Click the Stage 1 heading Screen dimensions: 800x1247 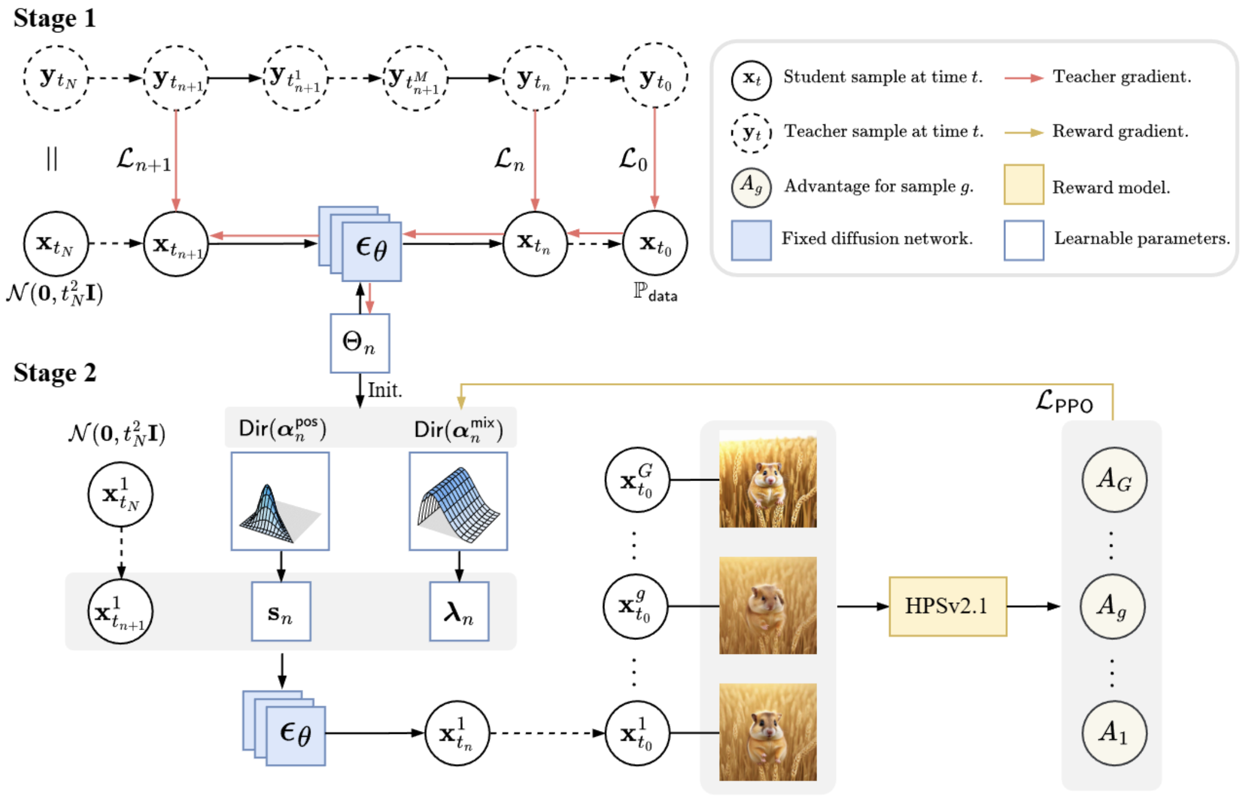pyautogui.click(x=54, y=19)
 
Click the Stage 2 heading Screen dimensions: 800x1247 pyautogui.click(x=54, y=373)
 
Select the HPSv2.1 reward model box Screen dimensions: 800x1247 pyautogui.click(x=947, y=606)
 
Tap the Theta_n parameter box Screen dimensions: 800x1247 pyautogui.click(x=359, y=343)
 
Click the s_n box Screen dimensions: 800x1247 pyautogui.click(x=280, y=612)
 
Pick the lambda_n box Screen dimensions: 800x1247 pyautogui.click(x=459, y=612)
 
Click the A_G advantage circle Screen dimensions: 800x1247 pyautogui.click(x=1114, y=479)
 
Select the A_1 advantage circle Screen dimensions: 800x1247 pyautogui.click(x=1114, y=733)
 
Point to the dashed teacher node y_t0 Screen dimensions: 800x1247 pyautogui.click(x=655, y=77)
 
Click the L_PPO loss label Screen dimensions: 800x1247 pyautogui.click(x=1064, y=401)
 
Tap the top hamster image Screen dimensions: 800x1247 pyautogui.click(x=768, y=479)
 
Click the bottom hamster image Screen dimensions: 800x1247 pyautogui.click(x=768, y=732)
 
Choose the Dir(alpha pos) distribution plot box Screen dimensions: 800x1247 pyautogui.click(x=280, y=501)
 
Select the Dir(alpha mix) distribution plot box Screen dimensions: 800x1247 pyautogui.click(x=458, y=501)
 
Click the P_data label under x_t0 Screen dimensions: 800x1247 pyautogui.click(x=655, y=292)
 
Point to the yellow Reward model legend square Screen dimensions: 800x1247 pyautogui.click(x=1023, y=185)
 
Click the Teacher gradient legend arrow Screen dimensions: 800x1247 pyautogui.click(x=1023, y=78)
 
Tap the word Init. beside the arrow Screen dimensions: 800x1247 pyautogui.click(x=385, y=390)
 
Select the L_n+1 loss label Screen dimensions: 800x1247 pyautogui.click(x=143, y=159)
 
